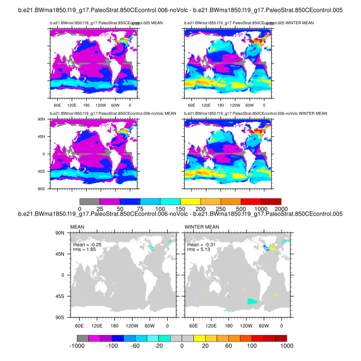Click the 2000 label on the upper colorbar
point(281,208)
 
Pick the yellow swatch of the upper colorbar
point(190,201)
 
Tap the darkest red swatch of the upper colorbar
point(271,201)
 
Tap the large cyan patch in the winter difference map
point(252,302)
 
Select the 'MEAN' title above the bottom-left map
point(76,226)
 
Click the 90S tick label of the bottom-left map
point(60,317)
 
